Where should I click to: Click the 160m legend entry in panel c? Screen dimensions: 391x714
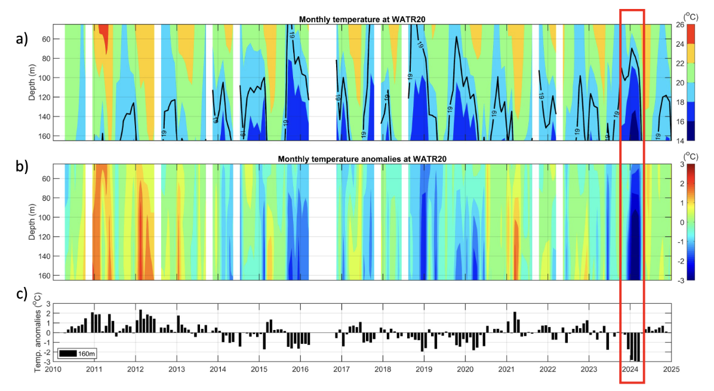click(x=78, y=354)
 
